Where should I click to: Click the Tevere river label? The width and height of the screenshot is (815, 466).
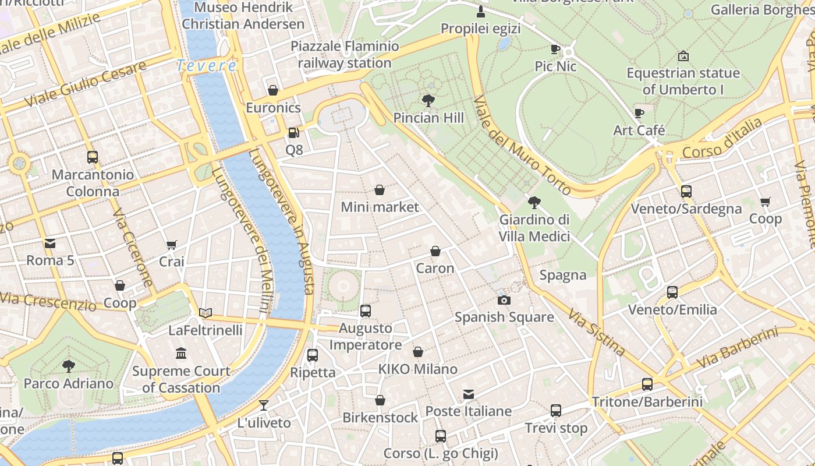(x=207, y=66)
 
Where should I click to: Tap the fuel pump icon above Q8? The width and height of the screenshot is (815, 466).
(x=293, y=133)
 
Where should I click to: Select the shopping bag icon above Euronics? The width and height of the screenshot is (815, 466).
(x=272, y=90)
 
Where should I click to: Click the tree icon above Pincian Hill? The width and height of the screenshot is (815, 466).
(x=428, y=101)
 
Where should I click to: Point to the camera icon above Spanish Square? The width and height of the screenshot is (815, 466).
(x=504, y=300)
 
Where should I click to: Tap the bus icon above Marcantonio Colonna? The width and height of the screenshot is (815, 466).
(x=92, y=157)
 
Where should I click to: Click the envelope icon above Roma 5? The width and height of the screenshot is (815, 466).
(x=50, y=243)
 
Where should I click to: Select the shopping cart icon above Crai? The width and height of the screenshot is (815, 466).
(x=171, y=245)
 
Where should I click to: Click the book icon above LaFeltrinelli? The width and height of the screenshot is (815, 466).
(x=205, y=313)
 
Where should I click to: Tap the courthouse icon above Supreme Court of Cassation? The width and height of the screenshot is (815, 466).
(x=181, y=354)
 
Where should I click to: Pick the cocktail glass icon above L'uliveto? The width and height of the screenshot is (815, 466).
(x=264, y=405)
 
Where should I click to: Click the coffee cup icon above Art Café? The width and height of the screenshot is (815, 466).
(x=639, y=113)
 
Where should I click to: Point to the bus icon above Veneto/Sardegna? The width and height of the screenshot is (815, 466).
(x=686, y=191)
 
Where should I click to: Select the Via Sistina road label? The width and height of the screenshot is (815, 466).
(x=597, y=333)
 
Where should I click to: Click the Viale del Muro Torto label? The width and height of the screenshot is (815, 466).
(x=522, y=146)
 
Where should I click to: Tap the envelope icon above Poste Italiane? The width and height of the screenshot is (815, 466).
(x=469, y=394)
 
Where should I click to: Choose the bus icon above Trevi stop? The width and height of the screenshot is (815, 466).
(x=556, y=411)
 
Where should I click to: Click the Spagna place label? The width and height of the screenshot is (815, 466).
(x=563, y=275)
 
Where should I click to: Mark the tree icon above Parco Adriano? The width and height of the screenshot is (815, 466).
(x=69, y=366)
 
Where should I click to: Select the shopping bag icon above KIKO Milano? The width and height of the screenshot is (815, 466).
(x=418, y=352)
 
